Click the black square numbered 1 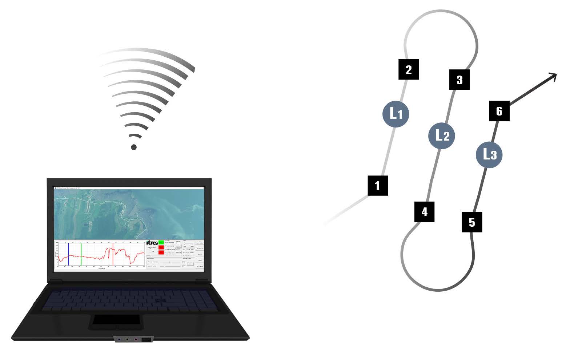pyautogui.click(x=378, y=186)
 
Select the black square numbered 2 pyautogui.click(x=409, y=69)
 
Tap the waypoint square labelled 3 pyautogui.click(x=459, y=80)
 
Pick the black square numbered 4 pyautogui.click(x=424, y=211)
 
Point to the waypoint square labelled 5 pyautogui.click(x=472, y=222)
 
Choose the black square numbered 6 pyautogui.click(x=499, y=111)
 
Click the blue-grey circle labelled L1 pyautogui.click(x=396, y=114)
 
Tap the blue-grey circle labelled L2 pyautogui.click(x=442, y=135)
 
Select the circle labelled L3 pyautogui.click(x=489, y=155)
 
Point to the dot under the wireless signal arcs pyautogui.click(x=134, y=147)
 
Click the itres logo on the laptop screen pyautogui.click(x=152, y=243)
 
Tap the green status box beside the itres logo pyautogui.click(x=161, y=242)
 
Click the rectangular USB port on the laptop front pyautogui.click(x=146, y=340)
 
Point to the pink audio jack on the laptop pyautogui.click(x=136, y=340)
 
